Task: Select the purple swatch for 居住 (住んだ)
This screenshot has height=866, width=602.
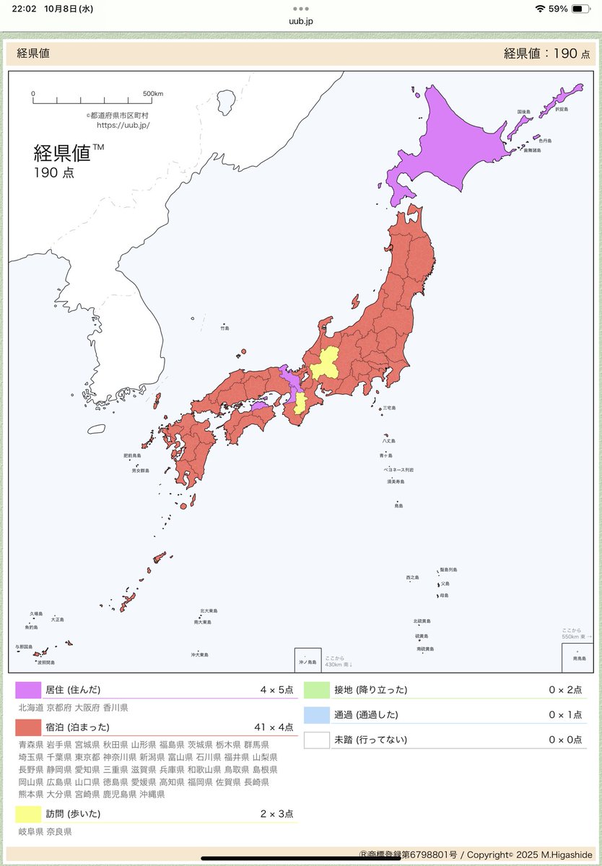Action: [x=29, y=690]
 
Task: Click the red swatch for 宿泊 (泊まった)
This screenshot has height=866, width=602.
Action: [x=29, y=727]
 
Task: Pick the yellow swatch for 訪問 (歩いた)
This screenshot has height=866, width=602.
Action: [x=29, y=814]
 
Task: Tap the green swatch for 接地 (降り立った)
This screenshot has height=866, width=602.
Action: [x=316, y=690]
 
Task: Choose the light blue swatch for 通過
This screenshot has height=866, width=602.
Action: [x=316, y=714]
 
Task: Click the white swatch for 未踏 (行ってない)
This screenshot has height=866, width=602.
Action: [x=316, y=740]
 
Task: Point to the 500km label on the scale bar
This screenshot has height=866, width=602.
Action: [x=152, y=94]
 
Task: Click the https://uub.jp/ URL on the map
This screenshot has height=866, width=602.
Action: [x=123, y=125]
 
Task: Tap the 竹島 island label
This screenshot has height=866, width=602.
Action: [x=224, y=328]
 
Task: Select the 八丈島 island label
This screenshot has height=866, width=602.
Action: [x=389, y=440]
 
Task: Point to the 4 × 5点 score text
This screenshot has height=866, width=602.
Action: [x=276, y=690]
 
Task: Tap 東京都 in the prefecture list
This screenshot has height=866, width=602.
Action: [x=87, y=757]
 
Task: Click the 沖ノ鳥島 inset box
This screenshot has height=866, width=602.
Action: [x=307, y=660]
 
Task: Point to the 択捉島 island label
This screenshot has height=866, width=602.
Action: [x=561, y=109]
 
